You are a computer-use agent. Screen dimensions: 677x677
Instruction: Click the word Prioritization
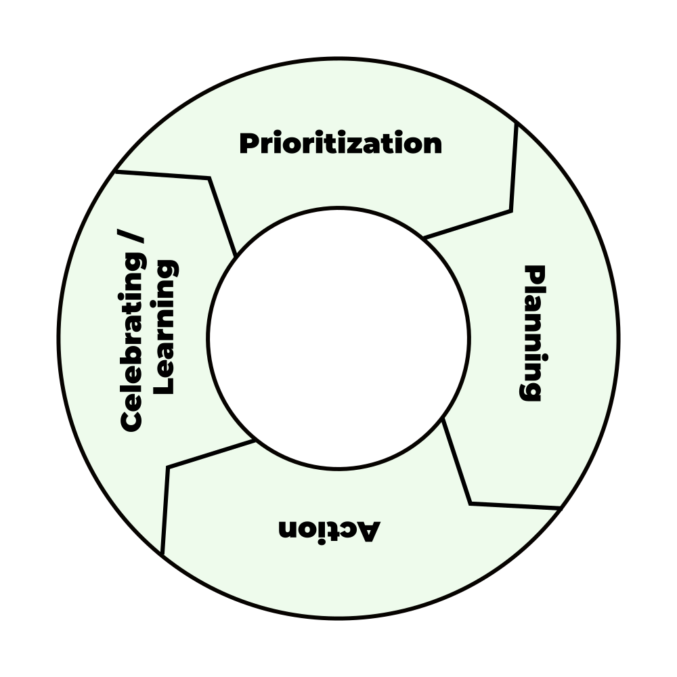click(341, 144)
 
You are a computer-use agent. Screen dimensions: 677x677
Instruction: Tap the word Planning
click(534, 333)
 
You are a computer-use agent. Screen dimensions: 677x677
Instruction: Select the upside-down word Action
click(329, 529)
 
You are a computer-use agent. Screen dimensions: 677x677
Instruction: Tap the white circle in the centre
click(338, 338)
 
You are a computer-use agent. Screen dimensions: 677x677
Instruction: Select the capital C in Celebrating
click(133, 420)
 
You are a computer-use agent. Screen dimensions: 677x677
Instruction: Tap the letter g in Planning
click(532, 391)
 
